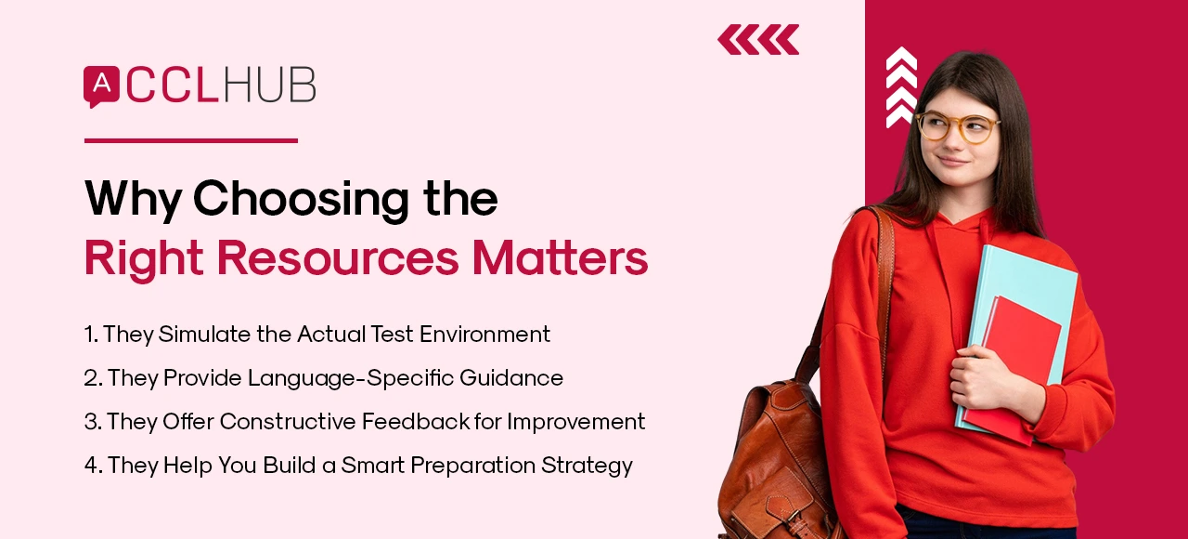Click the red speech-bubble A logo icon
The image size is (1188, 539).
(101, 85)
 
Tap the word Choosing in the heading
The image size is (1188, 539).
(290, 198)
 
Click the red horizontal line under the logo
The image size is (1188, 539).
(190, 141)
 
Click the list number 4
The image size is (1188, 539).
(90, 466)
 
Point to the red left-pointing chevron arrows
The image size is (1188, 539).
(758, 40)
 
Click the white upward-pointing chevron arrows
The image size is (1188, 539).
(900, 86)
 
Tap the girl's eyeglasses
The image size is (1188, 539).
(957, 126)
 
